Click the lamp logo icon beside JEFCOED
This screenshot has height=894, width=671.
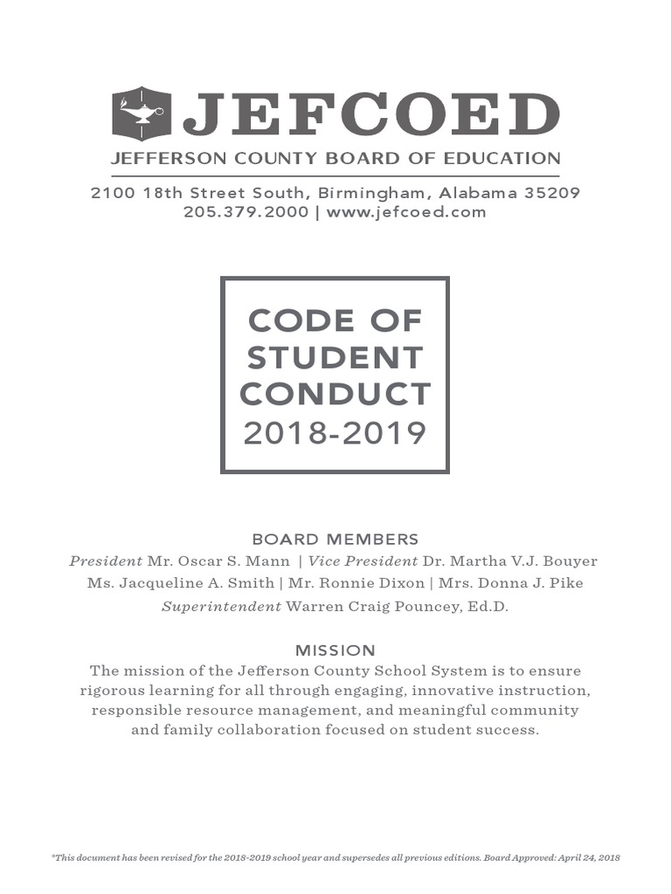141,114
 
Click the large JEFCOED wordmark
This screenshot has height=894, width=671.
370,115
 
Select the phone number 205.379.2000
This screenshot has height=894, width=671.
246,212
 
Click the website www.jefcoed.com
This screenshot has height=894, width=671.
406,212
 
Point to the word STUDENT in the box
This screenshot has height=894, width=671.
335,357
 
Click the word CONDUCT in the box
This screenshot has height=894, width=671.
335,394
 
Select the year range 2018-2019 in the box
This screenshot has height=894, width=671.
335,432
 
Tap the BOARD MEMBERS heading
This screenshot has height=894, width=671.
335,540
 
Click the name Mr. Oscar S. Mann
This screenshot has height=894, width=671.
218,561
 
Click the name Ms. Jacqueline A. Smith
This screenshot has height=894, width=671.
180,584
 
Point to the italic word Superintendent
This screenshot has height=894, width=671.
221,607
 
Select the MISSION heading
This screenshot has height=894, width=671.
335,650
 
